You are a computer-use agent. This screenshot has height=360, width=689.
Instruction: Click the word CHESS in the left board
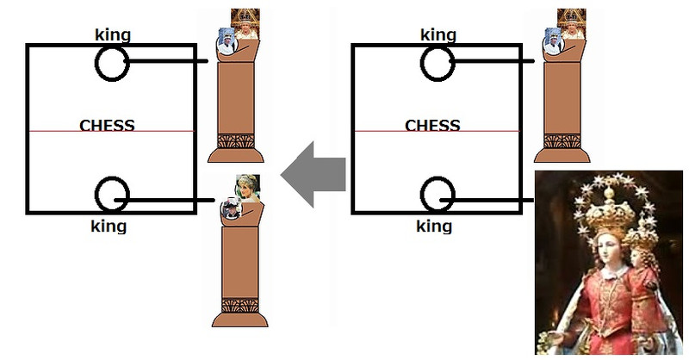pos(107,125)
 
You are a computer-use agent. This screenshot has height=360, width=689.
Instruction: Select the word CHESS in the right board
pos(432,125)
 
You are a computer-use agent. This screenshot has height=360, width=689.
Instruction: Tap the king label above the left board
pos(112,35)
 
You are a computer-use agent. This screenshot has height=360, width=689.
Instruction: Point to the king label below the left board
pos(109,227)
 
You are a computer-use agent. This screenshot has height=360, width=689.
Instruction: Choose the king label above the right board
pos(438,35)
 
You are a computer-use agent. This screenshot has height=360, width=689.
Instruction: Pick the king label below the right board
pos(434,227)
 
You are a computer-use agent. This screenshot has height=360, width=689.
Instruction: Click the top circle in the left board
pos(111,63)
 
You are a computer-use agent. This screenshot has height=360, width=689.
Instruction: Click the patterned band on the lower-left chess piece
pos(236,304)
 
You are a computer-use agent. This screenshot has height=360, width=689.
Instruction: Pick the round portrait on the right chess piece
pos(554,40)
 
